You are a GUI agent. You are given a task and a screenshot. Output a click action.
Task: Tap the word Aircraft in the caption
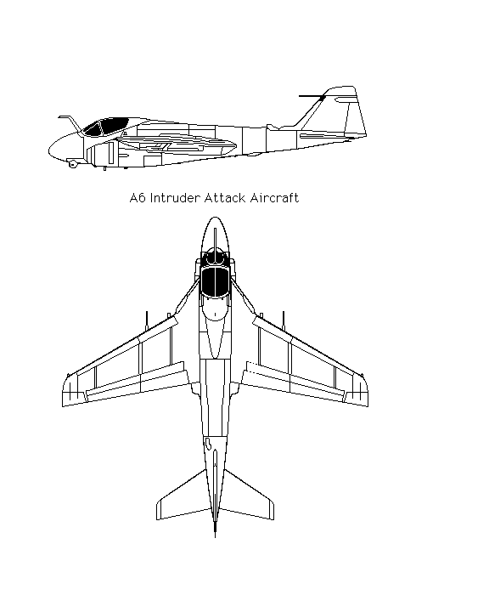tap(274, 197)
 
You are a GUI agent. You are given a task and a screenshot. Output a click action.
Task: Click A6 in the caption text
tap(138, 197)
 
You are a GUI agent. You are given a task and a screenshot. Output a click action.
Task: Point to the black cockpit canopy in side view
tap(105, 127)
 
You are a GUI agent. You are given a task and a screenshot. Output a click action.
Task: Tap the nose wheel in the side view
tap(72, 164)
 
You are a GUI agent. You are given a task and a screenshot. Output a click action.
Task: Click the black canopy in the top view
tap(215, 281)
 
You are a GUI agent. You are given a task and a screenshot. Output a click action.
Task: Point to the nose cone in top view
tap(215, 235)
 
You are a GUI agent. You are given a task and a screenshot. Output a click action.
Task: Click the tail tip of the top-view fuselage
tap(215, 536)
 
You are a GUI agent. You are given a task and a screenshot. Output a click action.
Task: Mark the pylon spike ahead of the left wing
tap(147, 320)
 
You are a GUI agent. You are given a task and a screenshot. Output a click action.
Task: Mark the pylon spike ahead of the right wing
tap(284, 320)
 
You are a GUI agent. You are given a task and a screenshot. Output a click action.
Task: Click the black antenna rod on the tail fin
tap(312, 96)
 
